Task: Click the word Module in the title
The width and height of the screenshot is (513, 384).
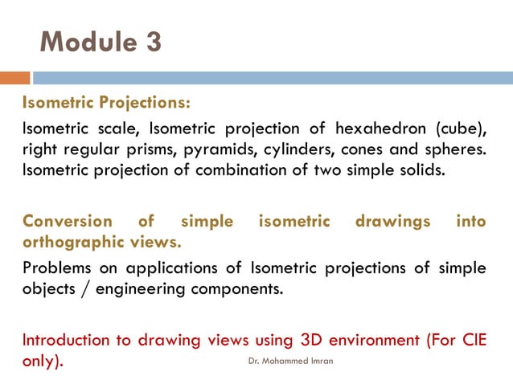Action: (x=86, y=42)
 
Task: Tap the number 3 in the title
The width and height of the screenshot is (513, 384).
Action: (x=152, y=42)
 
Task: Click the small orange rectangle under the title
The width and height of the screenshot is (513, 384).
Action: (x=14, y=78)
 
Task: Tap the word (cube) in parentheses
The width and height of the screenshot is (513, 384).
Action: (x=463, y=129)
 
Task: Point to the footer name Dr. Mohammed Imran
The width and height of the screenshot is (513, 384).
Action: (x=289, y=362)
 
